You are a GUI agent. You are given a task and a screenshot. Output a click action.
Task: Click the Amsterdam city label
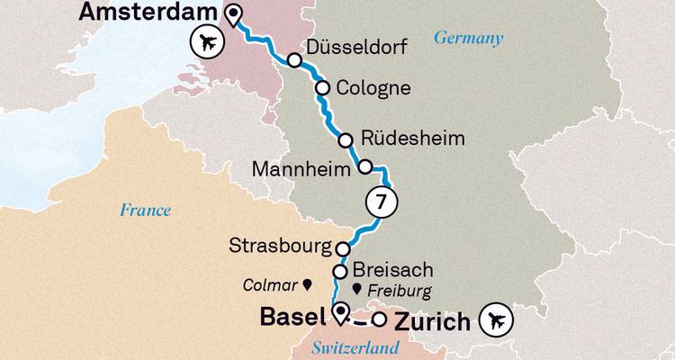pyautogui.click(x=148, y=13)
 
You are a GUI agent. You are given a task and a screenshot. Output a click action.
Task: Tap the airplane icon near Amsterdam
pyautogui.click(x=207, y=41)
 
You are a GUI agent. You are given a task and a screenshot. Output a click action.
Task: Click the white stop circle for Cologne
pyautogui.click(x=321, y=88)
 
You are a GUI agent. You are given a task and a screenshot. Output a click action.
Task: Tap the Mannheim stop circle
pyautogui.click(x=365, y=166)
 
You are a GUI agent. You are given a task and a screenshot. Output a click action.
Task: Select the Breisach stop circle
pyautogui.click(x=340, y=271)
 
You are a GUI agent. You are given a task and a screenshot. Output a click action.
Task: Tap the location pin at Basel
pyautogui.click(x=340, y=312)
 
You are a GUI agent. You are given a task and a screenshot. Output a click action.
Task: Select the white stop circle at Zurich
pyautogui.click(x=380, y=319)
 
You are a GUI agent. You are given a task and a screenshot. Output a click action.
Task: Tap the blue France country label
pyautogui.click(x=145, y=211)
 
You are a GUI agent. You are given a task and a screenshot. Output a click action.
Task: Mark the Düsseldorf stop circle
pyautogui.click(x=294, y=59)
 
